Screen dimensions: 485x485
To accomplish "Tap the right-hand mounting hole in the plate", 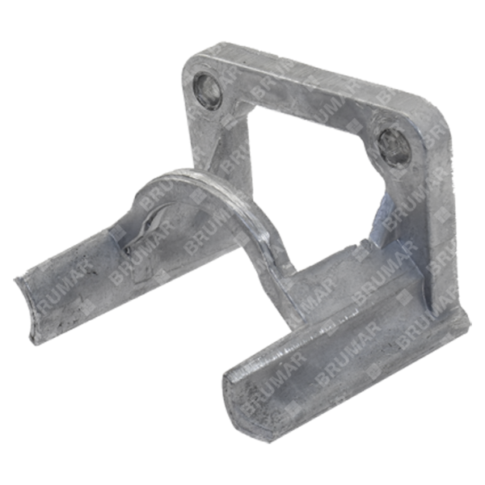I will pyautogui.click(x=391, y=145).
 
